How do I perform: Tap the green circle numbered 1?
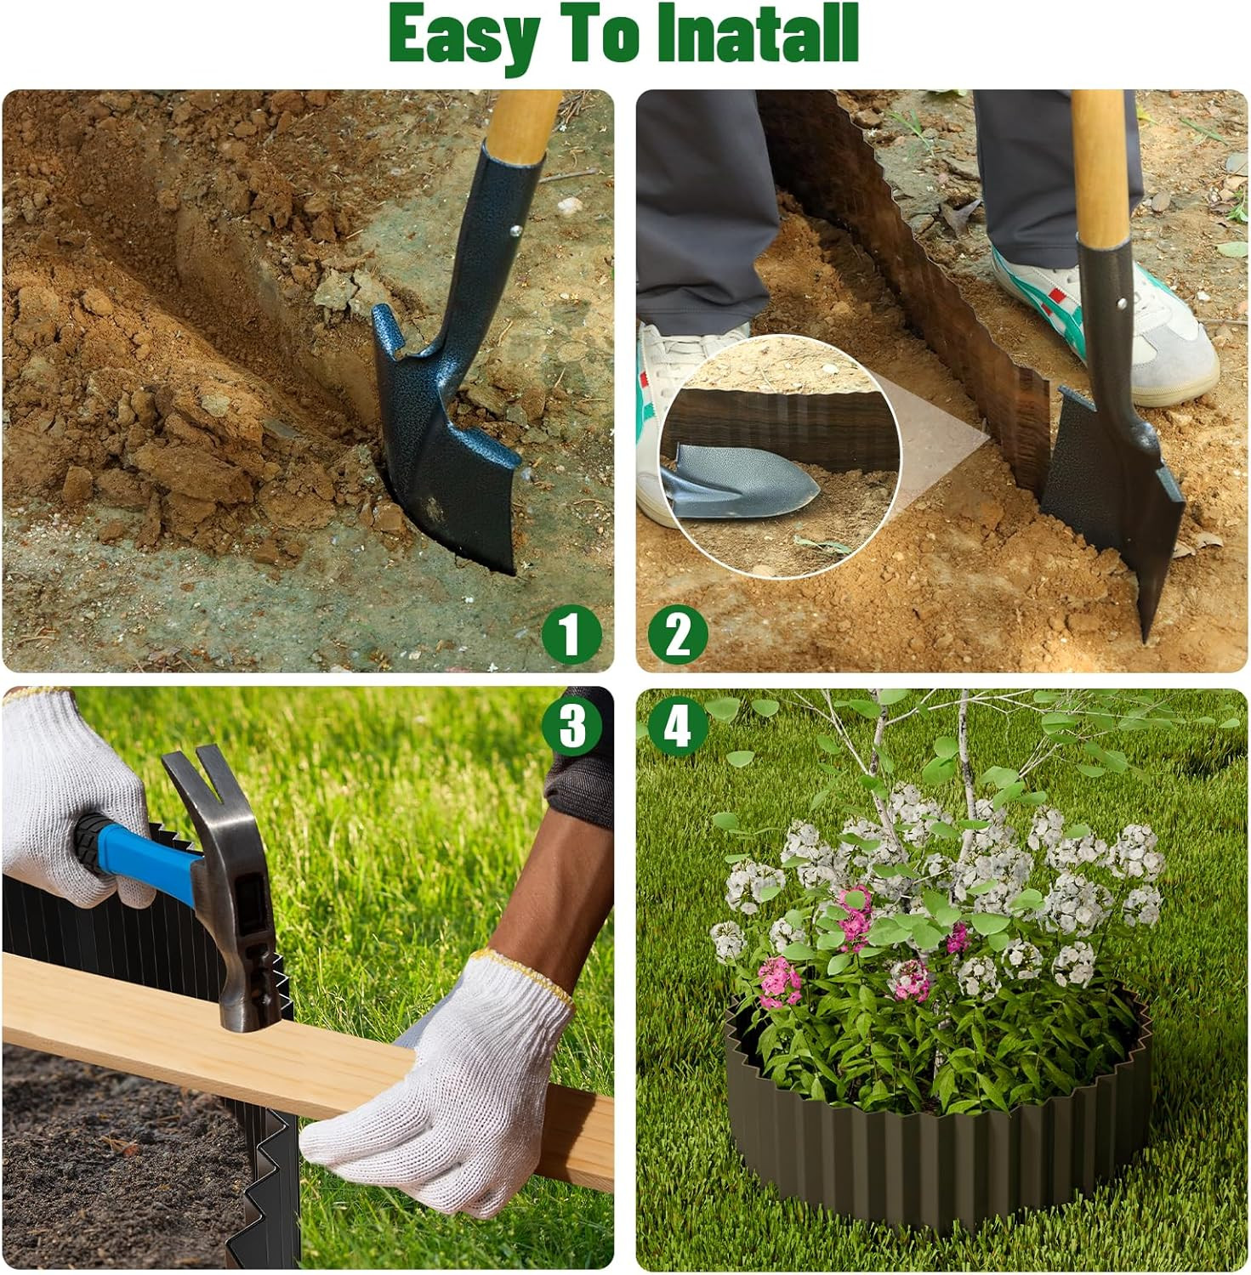click(x=571, y=634)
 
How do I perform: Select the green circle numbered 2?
click(x=678, y=634)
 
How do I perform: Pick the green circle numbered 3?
click(x=572, y=725)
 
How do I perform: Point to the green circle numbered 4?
click(x=678, y=727)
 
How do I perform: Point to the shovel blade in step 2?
click(x=1114, y=493)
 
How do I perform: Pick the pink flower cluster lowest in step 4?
click(x=778, y=982)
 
